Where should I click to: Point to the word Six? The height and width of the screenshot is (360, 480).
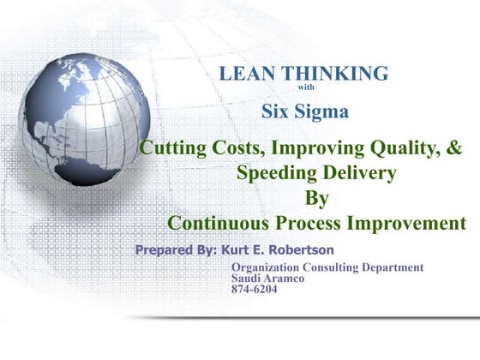[x=277, y=111]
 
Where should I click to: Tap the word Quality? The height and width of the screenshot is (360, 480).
[x=397, y=147]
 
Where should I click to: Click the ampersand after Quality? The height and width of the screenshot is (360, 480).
[x=454, y=147]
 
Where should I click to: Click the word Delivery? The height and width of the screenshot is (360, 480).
[x=358, y=173]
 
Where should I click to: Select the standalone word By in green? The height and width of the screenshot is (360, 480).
[x=317, y=198]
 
